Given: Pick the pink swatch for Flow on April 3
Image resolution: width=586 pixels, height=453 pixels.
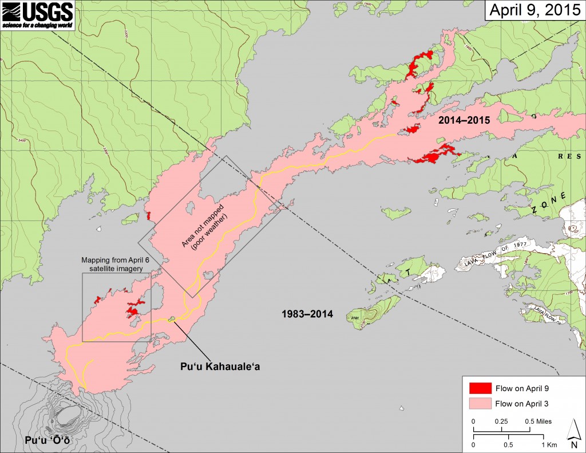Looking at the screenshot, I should (480, 403).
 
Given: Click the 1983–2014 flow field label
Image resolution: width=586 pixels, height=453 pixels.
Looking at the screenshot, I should (307, 314).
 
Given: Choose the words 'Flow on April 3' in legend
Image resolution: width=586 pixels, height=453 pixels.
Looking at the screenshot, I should (522, 403).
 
